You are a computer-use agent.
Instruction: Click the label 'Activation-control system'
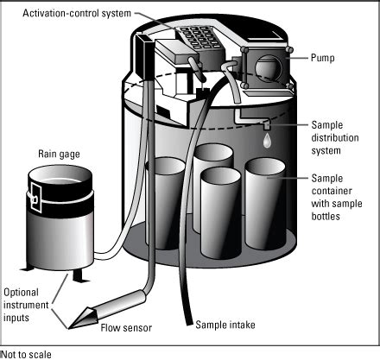tap(77, 13)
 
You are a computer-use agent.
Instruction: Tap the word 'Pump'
tap(322, 58)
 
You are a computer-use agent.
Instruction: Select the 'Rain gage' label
tap(59, 154)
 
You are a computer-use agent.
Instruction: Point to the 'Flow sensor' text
tap(126, 328)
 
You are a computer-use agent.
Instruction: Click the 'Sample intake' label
tap(225, 325)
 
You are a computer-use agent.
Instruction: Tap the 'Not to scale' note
tap(27, 355)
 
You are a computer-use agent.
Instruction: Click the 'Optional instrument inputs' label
tap(26, 305)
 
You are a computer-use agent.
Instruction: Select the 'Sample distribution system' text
tap(335, 138)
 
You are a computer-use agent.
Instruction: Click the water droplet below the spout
tap(267, 140)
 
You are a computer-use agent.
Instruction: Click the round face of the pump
tap(268, 68)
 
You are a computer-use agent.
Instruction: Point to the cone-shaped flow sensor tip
tap(83, 318)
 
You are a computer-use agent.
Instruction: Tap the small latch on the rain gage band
tap(35, 199)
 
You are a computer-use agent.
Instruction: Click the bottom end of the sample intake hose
tap(188, 321)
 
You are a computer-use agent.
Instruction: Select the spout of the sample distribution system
tap(266, 125)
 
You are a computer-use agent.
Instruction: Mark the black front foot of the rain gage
tap(78, 276)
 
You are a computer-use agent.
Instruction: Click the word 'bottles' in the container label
tap(326, 216)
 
